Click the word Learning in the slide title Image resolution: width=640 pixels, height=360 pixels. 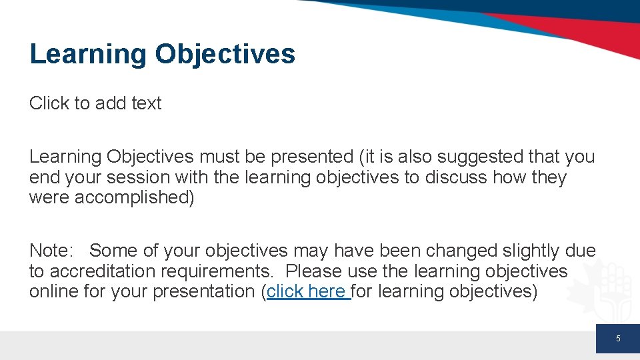88,54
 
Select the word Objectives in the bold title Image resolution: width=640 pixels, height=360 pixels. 225,54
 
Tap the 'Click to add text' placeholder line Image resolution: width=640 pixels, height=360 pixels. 95,103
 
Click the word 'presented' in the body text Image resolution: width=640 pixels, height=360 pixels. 312,157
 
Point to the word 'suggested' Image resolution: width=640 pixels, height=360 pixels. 480,157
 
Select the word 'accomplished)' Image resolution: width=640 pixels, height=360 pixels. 134,197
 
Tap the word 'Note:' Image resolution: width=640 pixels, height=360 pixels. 51,250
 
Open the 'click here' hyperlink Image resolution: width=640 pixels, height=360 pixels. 308,291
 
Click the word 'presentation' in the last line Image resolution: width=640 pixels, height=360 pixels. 204,291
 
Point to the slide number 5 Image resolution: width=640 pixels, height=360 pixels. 618,339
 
